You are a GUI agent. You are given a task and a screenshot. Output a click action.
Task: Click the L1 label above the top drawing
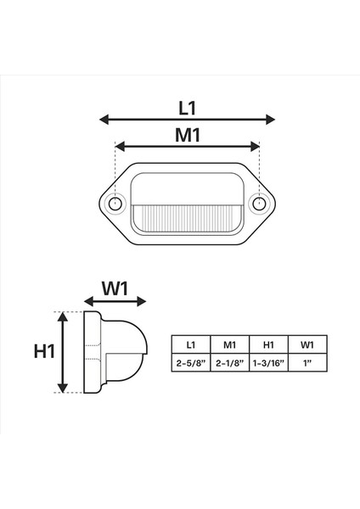[188, 107]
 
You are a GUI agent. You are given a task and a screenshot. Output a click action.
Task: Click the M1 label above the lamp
[187, 134]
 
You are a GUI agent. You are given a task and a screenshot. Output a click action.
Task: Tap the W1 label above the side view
[115, 288]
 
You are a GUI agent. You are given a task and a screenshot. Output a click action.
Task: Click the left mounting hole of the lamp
[115, 203]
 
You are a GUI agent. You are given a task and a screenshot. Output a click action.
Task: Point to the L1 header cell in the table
[190, 344]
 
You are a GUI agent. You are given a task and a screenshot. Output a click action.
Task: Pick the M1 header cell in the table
[229, 344]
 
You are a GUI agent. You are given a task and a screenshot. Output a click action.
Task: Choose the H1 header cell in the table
[268, 344]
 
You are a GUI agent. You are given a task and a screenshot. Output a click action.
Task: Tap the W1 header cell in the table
[307, 344]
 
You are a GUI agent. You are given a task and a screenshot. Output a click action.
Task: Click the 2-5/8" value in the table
[190, 362]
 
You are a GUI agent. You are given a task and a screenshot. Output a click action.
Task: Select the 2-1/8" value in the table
[229, 362]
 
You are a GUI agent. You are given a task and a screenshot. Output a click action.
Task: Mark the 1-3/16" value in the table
[268, 362]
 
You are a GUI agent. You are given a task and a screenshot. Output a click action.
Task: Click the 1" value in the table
[307, 362]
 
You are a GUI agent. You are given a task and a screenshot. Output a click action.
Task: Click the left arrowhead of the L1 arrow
[103, 120]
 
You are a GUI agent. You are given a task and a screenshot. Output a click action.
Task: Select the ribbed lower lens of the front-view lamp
[187, 220]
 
